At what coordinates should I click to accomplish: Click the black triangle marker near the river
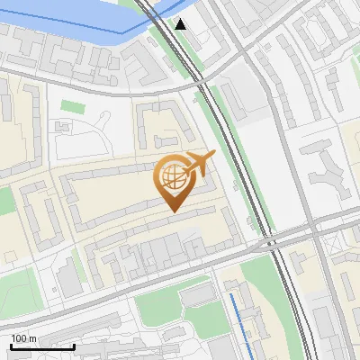181,23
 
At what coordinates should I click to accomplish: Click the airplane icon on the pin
199,164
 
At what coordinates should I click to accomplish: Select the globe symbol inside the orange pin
172,177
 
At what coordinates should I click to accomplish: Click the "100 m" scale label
23,338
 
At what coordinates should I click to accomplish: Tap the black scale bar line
42,346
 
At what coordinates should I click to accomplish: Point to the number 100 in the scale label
19,338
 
